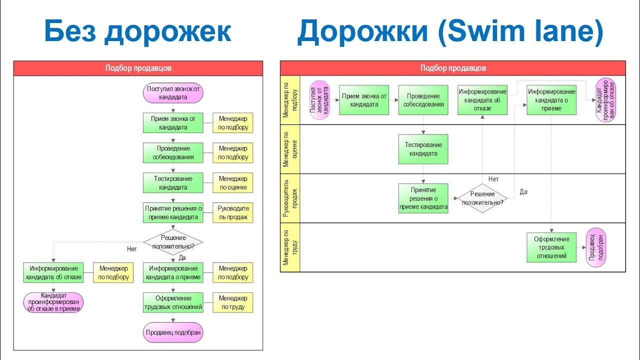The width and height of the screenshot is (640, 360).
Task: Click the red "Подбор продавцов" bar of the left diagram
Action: [138, 68]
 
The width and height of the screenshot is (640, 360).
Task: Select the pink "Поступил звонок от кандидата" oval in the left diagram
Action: [173, 93]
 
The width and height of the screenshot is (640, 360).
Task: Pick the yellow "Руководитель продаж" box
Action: [233, 213]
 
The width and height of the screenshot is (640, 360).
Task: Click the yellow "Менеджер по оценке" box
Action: [233, 183]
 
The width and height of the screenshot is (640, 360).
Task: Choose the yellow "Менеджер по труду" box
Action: [233, 302]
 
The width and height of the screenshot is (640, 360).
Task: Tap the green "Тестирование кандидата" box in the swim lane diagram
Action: [423, 149]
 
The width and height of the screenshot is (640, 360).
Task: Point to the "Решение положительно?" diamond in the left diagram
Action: [173, 242]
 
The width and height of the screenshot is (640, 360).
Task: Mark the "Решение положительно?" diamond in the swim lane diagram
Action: [482, 198]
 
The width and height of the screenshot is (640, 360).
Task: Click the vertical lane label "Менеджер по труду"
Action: [290, 247]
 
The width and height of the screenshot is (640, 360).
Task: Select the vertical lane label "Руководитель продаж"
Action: [290, 198]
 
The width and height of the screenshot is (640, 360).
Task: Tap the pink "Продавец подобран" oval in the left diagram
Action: [173, 332]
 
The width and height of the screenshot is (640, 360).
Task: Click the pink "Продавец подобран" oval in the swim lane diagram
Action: [595, 247]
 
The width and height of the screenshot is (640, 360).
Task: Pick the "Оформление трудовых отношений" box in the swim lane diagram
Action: [551, 247]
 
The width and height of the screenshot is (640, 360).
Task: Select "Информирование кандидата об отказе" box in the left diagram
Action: [53, 272]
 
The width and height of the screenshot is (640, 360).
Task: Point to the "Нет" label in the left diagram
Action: [132, 248]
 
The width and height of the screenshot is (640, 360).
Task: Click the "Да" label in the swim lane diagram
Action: [523, 192]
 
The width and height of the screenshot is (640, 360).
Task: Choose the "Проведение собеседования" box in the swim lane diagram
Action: [423, 100]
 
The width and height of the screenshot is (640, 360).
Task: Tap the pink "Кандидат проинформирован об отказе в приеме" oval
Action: [53, 302]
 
